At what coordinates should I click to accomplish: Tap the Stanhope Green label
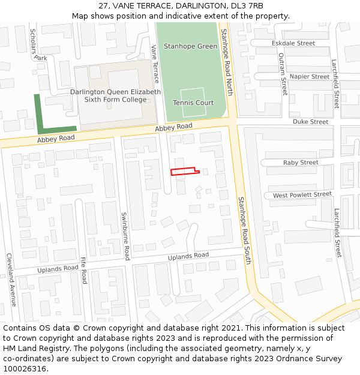pyautogui.click(x=190, y=46)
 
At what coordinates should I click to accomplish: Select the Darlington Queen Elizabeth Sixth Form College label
pyautogui.click(x=115, y=96)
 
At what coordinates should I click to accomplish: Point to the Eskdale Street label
pyautogui.click(x=293, y=43)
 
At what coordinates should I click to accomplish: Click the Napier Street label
pyautogui.click(x=309, y=77)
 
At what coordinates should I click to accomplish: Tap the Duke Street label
pyautogui.click(x=310, y=122)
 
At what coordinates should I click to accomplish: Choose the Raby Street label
pyautogui.click(x=301, y=163)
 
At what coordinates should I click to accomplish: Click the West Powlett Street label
pyautogui.click(x=302, y=195)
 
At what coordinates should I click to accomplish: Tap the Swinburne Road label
pyautogui.click(x=125, y=236)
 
